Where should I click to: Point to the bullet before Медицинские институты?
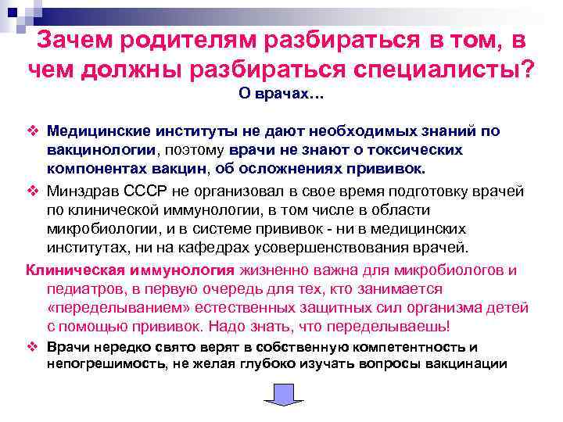[x=32, y=131]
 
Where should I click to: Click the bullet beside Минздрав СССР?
[x=32, y=191]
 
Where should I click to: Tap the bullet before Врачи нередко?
[x=32, y=347]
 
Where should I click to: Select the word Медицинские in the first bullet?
[x=93, y=131]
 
